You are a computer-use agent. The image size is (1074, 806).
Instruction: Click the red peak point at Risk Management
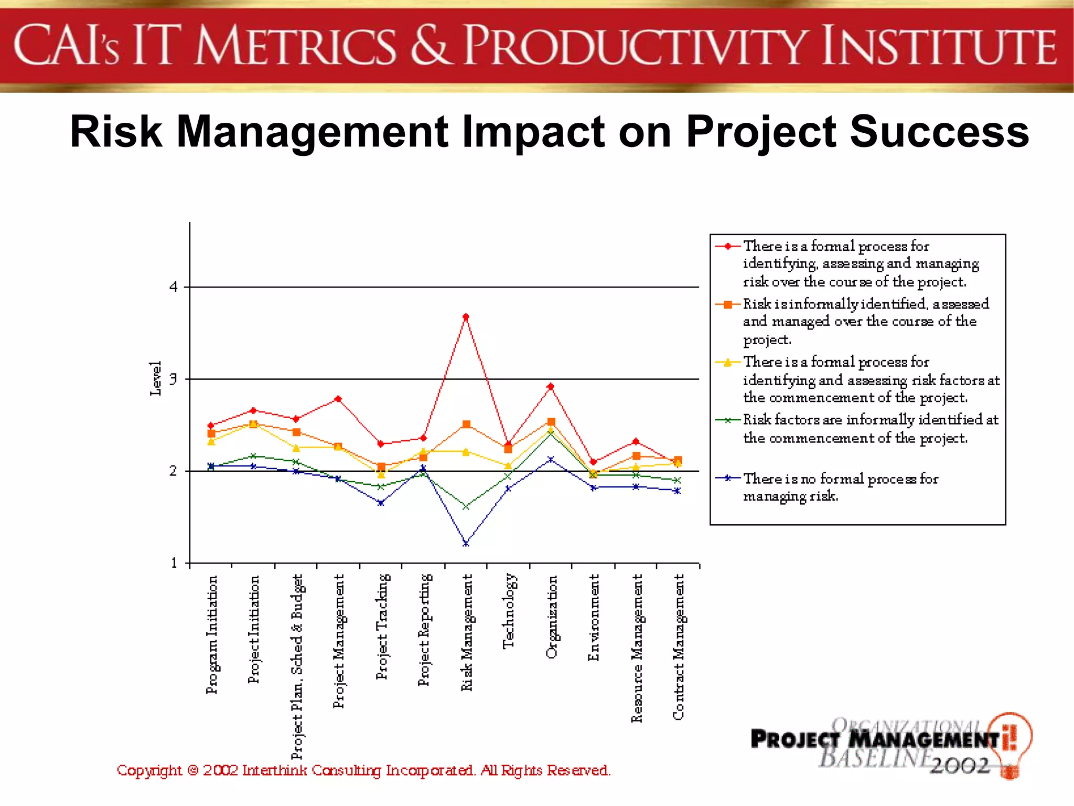[x=466, y=316]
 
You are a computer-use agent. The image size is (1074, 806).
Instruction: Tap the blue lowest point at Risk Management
[x=466, y=544]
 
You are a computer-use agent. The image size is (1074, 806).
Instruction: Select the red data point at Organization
[x=551, y=387]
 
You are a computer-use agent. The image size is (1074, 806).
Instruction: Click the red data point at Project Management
[x=338, y=399]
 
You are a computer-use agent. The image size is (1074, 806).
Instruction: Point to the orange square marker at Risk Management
[x=466, y=424]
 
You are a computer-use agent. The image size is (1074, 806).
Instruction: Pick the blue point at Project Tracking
[x=381, y=503]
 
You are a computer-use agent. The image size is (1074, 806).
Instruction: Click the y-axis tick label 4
[x=174, y=287]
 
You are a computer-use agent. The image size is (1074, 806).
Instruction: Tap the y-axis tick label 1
[x=174, y=563]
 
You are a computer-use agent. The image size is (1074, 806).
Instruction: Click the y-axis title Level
[x=156, y=378]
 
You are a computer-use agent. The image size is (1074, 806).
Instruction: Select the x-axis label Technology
[x=509, y=611]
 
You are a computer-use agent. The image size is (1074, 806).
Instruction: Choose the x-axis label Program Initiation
[x=211, y=634]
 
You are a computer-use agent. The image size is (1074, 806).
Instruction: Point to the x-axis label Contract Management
[x=679, y=646]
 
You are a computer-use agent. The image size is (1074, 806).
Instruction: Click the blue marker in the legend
[x=728, y=478]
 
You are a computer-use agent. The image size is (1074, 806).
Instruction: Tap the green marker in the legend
[x=728, y=420]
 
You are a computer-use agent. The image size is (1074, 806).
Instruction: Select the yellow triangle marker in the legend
[x=728, y=363]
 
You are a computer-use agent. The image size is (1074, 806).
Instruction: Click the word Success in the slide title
[x=939, y=132]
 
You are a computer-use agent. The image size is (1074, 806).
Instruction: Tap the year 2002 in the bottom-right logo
[x=960, y=766]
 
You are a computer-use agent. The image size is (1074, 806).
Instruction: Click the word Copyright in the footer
[x=149, y=770]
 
